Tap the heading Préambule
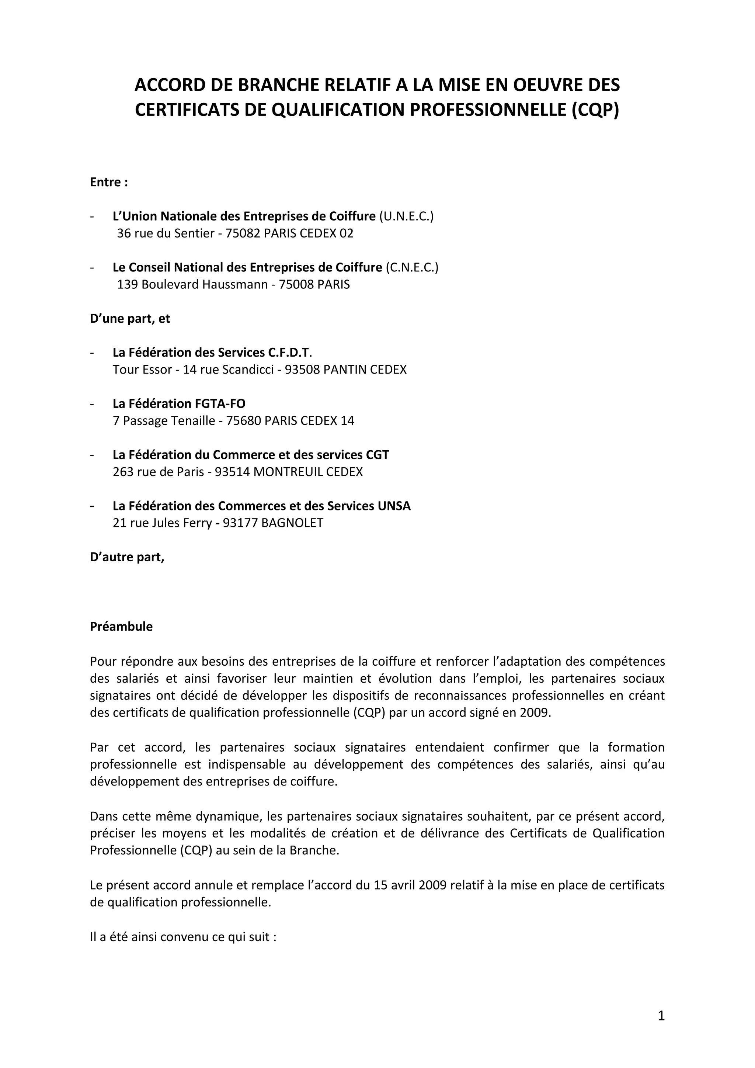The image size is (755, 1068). click(x=121, y=627)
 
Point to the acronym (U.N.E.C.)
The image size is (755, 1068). click(x=406, y=216)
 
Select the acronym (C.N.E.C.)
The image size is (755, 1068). click(x=411, y=267)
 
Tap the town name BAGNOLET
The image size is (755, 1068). click(x=292, y=523)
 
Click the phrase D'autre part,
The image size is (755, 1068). click(x=127, y=557)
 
